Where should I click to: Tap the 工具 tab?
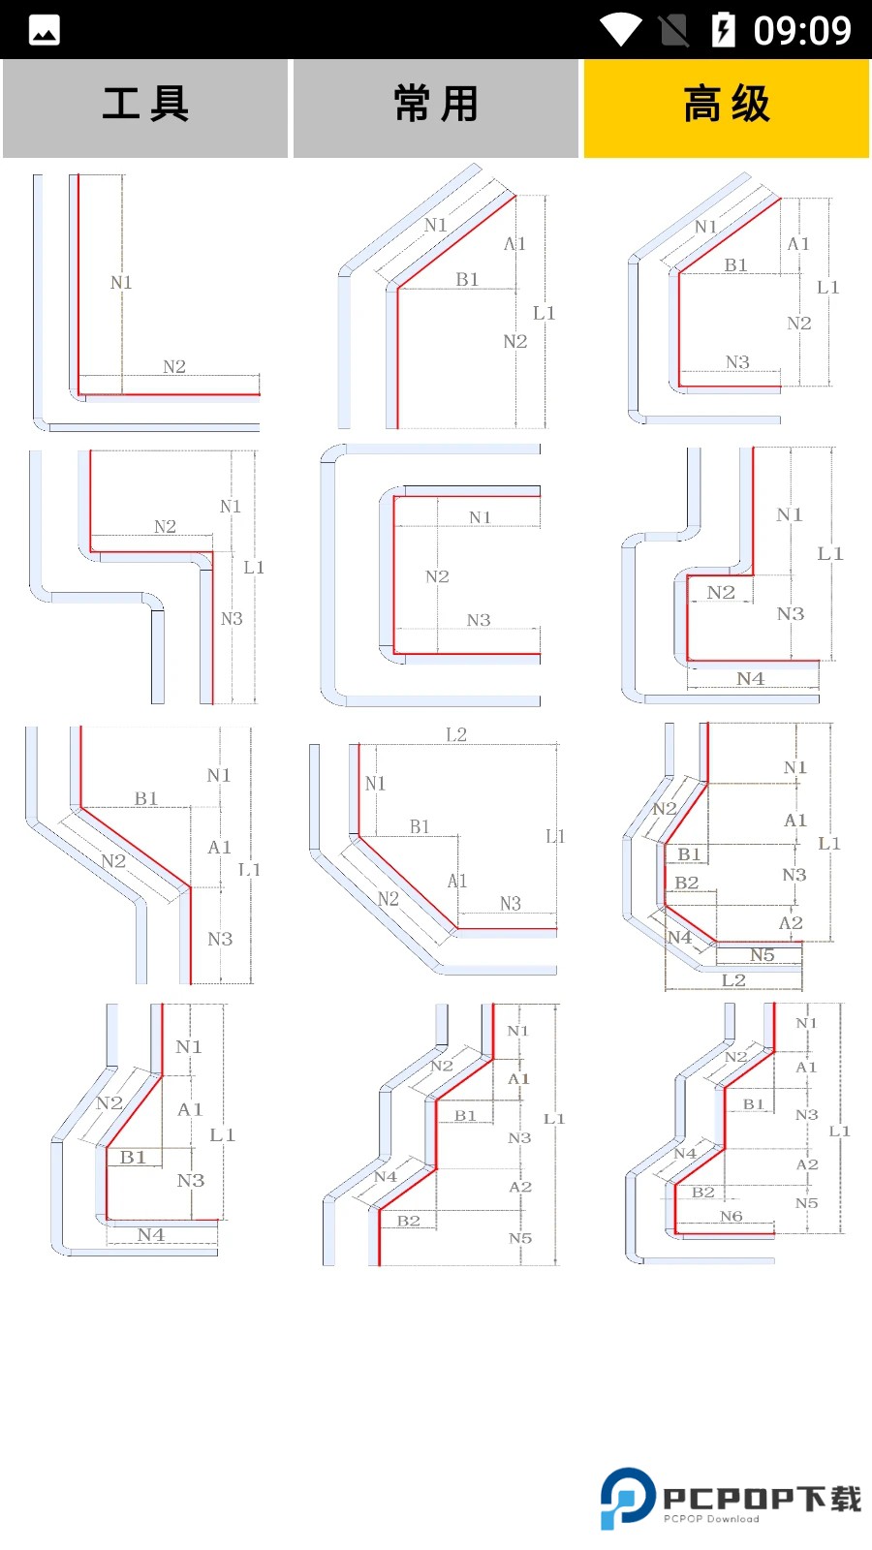pos(145,105)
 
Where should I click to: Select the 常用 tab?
pos(436,105)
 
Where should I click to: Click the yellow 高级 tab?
pos(727,105)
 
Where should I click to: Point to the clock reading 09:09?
pos(802,30)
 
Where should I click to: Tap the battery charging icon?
pos(723,30)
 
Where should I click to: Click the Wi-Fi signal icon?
pos(620,30)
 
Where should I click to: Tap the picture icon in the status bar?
pos(45,30)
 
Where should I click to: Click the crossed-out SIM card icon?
pos(674,30)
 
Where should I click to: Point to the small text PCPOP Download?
pos(711,1519)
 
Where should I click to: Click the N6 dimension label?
pos(732,1216)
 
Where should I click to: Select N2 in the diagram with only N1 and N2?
pos(174,366)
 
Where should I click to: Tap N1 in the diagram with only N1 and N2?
pos(121,282)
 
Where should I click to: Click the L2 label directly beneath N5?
pos(733,980)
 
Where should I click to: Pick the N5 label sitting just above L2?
pos(763,955)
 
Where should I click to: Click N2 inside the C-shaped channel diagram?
pos(437,576)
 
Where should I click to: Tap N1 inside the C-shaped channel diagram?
pos(480,517)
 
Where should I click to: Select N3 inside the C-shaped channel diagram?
pos(479,620)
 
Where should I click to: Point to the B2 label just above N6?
pos(703,1193)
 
